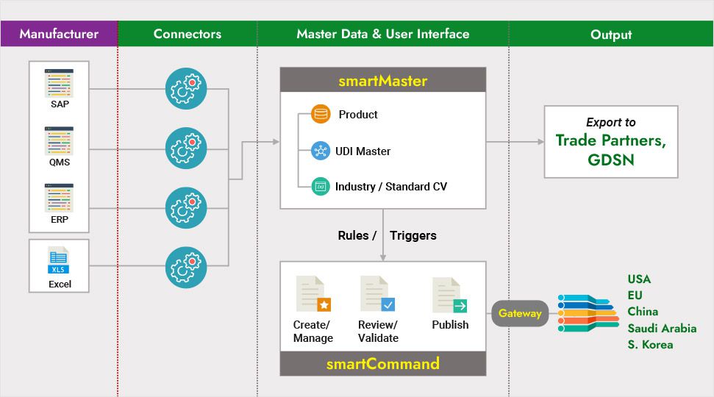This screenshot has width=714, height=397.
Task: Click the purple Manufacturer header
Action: tap(59, 34)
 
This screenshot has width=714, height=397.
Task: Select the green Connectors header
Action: tap(187, 34)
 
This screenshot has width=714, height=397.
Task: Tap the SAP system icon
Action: tap(59, 81)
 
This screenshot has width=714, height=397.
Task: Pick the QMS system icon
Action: tap(59, 140)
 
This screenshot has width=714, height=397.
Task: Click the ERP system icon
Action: tap(59, 198)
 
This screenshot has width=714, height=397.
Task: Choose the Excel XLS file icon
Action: tap(59, 261)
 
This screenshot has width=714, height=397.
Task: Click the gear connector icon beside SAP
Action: tap(186, 89)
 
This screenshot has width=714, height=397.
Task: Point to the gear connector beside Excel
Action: tap(186, 267)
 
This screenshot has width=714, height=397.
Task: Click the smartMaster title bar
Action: tap(382, 81)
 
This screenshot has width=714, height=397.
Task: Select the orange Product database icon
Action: tap(321, 114)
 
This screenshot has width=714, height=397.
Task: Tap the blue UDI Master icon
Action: tap(321, 151)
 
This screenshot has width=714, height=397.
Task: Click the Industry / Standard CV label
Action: tap(390, 187)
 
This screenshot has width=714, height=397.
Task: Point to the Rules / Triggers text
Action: tap(387, 235)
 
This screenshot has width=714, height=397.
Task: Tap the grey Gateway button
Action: tap(520, 313)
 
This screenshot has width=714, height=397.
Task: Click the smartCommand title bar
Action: tap(382, 363)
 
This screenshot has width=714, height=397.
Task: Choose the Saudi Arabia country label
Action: tap(662, 328)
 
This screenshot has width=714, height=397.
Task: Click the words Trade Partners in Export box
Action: tap(610, 140)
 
